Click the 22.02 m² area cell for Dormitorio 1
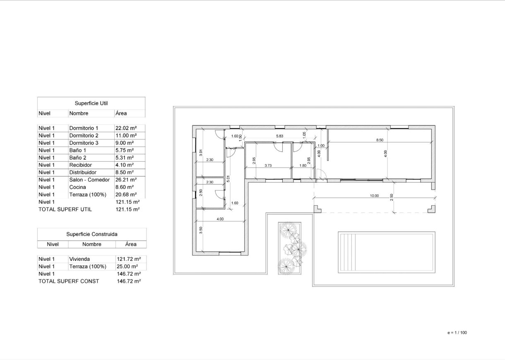126,128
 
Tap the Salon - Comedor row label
89,180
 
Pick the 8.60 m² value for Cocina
124,187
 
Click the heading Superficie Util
91,103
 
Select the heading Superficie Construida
91,234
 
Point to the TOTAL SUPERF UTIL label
65,209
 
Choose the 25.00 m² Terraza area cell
127,266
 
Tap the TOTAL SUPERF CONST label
69,281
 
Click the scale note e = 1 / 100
457,333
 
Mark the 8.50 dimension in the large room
380,140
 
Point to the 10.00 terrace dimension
374,196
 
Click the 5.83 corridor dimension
280,136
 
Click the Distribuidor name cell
83,172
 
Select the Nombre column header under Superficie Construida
91,244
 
